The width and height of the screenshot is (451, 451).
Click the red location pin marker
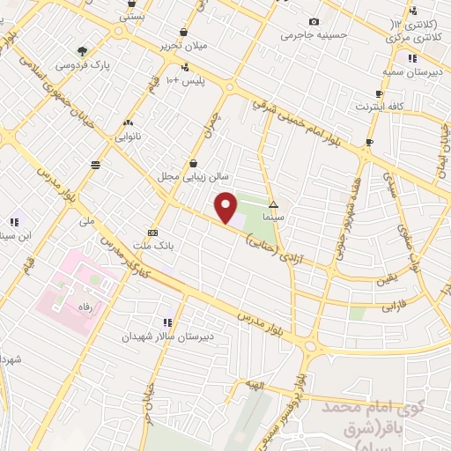[226, 208]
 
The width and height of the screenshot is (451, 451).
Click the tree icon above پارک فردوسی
[82, 51]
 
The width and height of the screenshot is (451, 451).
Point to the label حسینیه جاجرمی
[308, 36]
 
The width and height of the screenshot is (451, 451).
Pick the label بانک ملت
[149, 246]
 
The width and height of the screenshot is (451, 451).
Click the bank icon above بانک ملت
[153, 233]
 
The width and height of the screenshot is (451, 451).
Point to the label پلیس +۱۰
[186, 81]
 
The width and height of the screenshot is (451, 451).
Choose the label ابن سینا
[18, 235]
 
